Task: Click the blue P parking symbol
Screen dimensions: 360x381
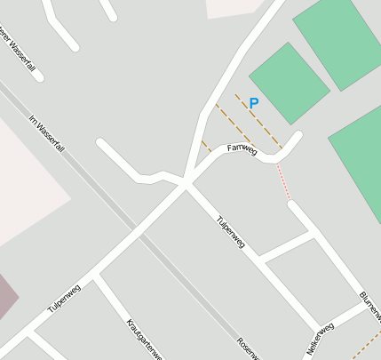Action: (x=253, y=103)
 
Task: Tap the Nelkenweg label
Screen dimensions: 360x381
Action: (x=320, y=339)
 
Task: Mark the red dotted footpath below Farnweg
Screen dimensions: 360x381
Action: (x=283, y=182)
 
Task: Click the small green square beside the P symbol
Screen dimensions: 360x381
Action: (x=289, y=83)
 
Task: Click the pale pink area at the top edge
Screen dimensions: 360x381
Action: (x=233, y=7)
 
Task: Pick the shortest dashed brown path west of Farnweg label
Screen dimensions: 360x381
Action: (x=206, y=146)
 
